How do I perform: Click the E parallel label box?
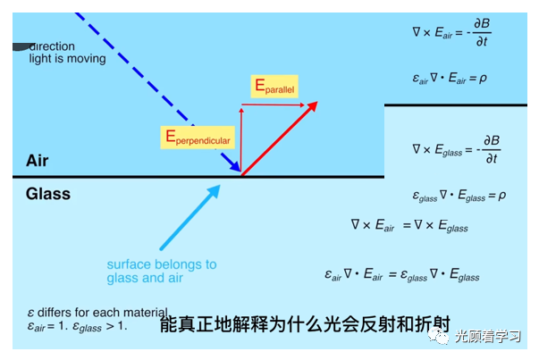274,87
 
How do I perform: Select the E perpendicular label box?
198,137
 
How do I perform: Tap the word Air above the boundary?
38,161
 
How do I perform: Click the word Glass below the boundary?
47,194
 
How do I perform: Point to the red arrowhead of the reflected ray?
312,107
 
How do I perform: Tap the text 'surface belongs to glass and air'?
162,271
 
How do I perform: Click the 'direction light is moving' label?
66,53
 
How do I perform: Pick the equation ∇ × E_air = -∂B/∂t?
451,34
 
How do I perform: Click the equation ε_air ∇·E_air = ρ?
450,78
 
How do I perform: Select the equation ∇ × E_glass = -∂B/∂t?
456,147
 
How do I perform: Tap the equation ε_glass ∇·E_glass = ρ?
459,194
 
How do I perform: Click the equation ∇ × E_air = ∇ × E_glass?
408,226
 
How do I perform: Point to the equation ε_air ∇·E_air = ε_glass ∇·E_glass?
401,275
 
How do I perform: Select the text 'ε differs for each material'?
97,313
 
